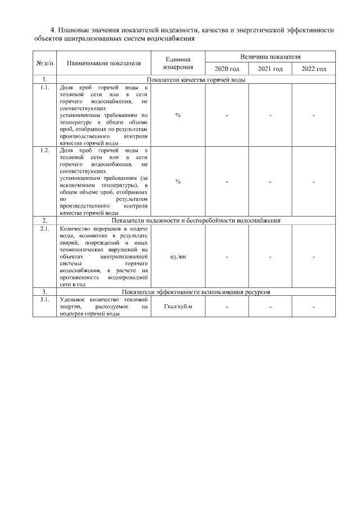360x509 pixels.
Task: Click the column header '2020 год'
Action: [227, 69]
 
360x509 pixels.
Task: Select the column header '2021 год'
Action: [270, 69]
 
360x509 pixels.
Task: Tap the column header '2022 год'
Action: [313, 69]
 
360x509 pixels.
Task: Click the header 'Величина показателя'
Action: [270, 57]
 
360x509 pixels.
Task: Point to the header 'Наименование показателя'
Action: [103, 63]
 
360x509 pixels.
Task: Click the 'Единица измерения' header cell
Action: [178, 63]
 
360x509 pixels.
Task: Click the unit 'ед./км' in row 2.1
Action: [178, 256]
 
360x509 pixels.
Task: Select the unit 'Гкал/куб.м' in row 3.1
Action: [178, 307]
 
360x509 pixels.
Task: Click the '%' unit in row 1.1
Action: [178, 115]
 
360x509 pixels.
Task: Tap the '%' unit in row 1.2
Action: [178, 182]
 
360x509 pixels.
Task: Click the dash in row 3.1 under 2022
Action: [313, 307]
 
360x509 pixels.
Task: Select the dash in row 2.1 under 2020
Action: [227, 257]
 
